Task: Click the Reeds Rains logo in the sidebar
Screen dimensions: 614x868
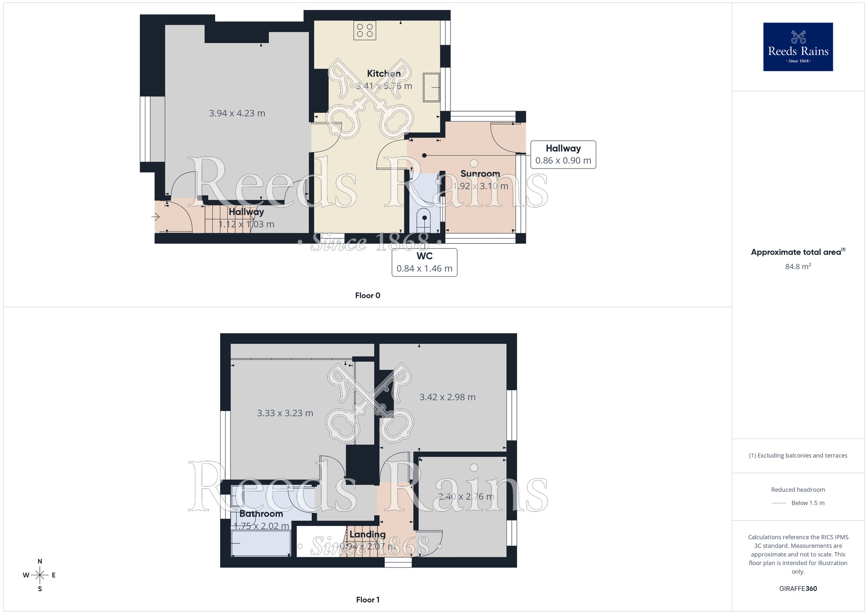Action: [798, 47]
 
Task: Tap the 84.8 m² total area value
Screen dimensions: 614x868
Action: [798, 267]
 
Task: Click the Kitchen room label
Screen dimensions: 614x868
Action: [384, 73]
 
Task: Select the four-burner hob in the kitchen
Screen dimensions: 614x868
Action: [365, 30]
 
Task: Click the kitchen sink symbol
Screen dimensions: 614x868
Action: [431, 88]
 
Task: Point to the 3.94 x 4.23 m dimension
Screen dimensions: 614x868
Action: [237, 113]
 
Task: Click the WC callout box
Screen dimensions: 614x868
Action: [424, 262]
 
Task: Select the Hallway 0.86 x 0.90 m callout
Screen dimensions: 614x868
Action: [563, 155]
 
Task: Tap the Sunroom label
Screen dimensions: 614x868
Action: [480, 174]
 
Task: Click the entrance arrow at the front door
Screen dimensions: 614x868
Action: [155, 216]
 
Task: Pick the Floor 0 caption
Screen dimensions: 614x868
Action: [368, 296]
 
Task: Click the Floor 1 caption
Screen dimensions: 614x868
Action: [368, 600]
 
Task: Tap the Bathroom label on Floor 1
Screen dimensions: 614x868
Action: [261, 514]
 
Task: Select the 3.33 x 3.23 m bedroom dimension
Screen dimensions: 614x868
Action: [285, 413]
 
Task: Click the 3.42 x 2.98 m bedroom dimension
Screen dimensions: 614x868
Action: [447, 397]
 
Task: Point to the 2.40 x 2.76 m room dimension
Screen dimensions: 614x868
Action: [466, 497]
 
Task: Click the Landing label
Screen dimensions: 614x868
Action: [367, 535]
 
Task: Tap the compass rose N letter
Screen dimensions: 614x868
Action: [40, 561]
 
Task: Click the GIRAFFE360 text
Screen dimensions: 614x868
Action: [798, 589]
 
